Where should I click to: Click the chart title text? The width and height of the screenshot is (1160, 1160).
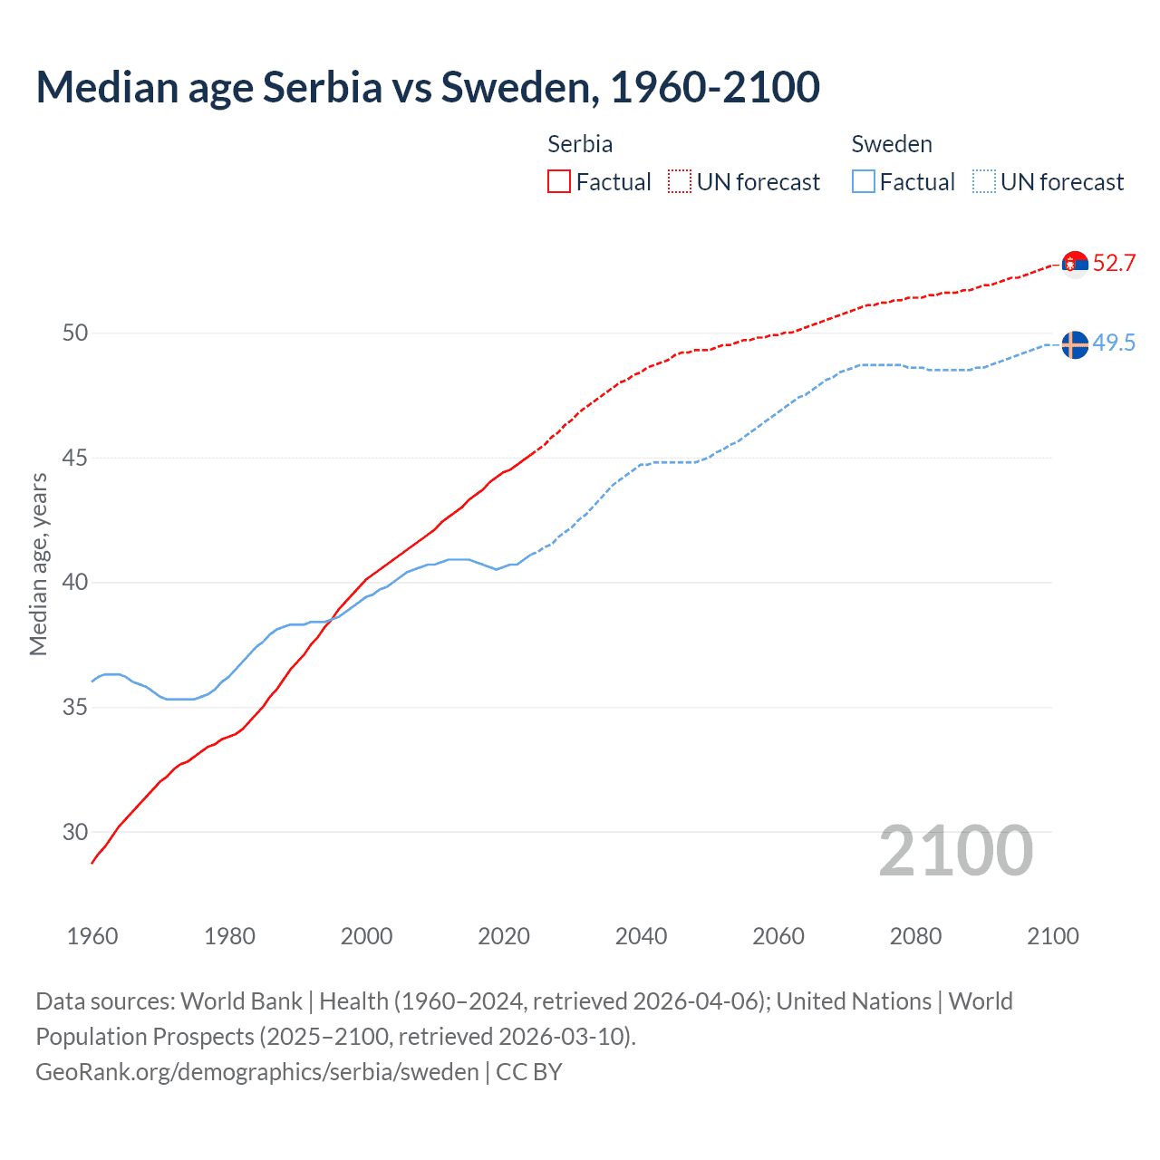(x=428, y=87)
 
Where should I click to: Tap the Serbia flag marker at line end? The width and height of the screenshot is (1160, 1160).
(x=1075, y=264)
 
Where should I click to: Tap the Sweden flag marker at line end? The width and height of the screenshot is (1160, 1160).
(x=1075, y=344)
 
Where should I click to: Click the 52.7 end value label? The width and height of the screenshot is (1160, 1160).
(x=1114, y=263)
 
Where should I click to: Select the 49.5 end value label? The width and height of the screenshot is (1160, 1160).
(x=1114, y=343)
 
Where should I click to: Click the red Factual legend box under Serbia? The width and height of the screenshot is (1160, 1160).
(x=559, y=181)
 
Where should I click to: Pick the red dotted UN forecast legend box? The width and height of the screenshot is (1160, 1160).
(x=680, y=181)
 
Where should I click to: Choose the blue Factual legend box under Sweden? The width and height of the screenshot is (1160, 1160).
(x=864, y=181)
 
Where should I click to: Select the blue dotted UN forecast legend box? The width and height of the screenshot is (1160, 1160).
(x=984, y=181)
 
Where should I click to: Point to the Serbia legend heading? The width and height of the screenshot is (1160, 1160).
(x=580, y=144)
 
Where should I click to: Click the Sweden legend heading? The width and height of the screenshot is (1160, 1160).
(x=892, y=144)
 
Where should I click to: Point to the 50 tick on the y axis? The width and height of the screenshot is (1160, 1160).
(x=75, y=333)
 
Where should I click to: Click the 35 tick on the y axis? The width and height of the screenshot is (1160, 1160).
(x=75, y=707)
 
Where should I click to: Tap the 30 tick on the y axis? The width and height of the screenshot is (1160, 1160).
(x=75, y=832)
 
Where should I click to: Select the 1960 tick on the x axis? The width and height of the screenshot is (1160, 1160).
(x=92, y=936)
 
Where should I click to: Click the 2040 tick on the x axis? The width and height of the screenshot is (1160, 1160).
(x=641, y=936)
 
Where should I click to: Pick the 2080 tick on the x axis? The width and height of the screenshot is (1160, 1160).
(x=915, y=936)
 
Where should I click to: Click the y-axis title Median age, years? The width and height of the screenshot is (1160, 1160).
(x=38, y=564)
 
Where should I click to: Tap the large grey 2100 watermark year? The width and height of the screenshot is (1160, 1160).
(x=956, y=850)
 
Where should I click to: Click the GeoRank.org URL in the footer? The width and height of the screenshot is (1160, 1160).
(x=256, y=1071)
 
